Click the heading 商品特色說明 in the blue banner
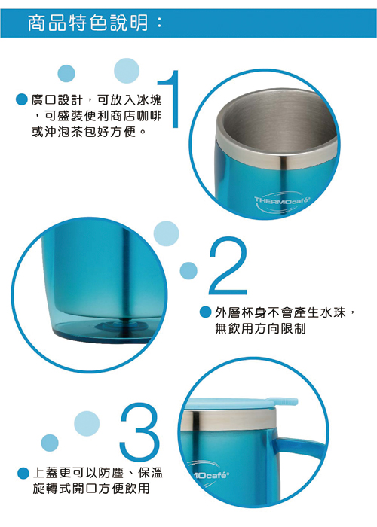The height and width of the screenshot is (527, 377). click(88, 23)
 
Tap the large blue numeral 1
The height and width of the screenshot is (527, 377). click(172, 99)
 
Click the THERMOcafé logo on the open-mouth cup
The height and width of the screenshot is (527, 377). click(282, 202)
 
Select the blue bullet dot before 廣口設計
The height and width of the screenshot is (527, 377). click(21, 99)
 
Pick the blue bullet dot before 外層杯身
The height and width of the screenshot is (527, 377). click(205, 312)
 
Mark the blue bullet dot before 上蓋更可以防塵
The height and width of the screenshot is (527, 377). click(23, 473)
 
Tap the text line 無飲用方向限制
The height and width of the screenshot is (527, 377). click(261, 328)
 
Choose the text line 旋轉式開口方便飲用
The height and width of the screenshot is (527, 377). click(91, 489)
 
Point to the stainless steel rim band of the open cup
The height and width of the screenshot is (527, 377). click(276, 154)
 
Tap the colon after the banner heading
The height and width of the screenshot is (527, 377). click(159, 23)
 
